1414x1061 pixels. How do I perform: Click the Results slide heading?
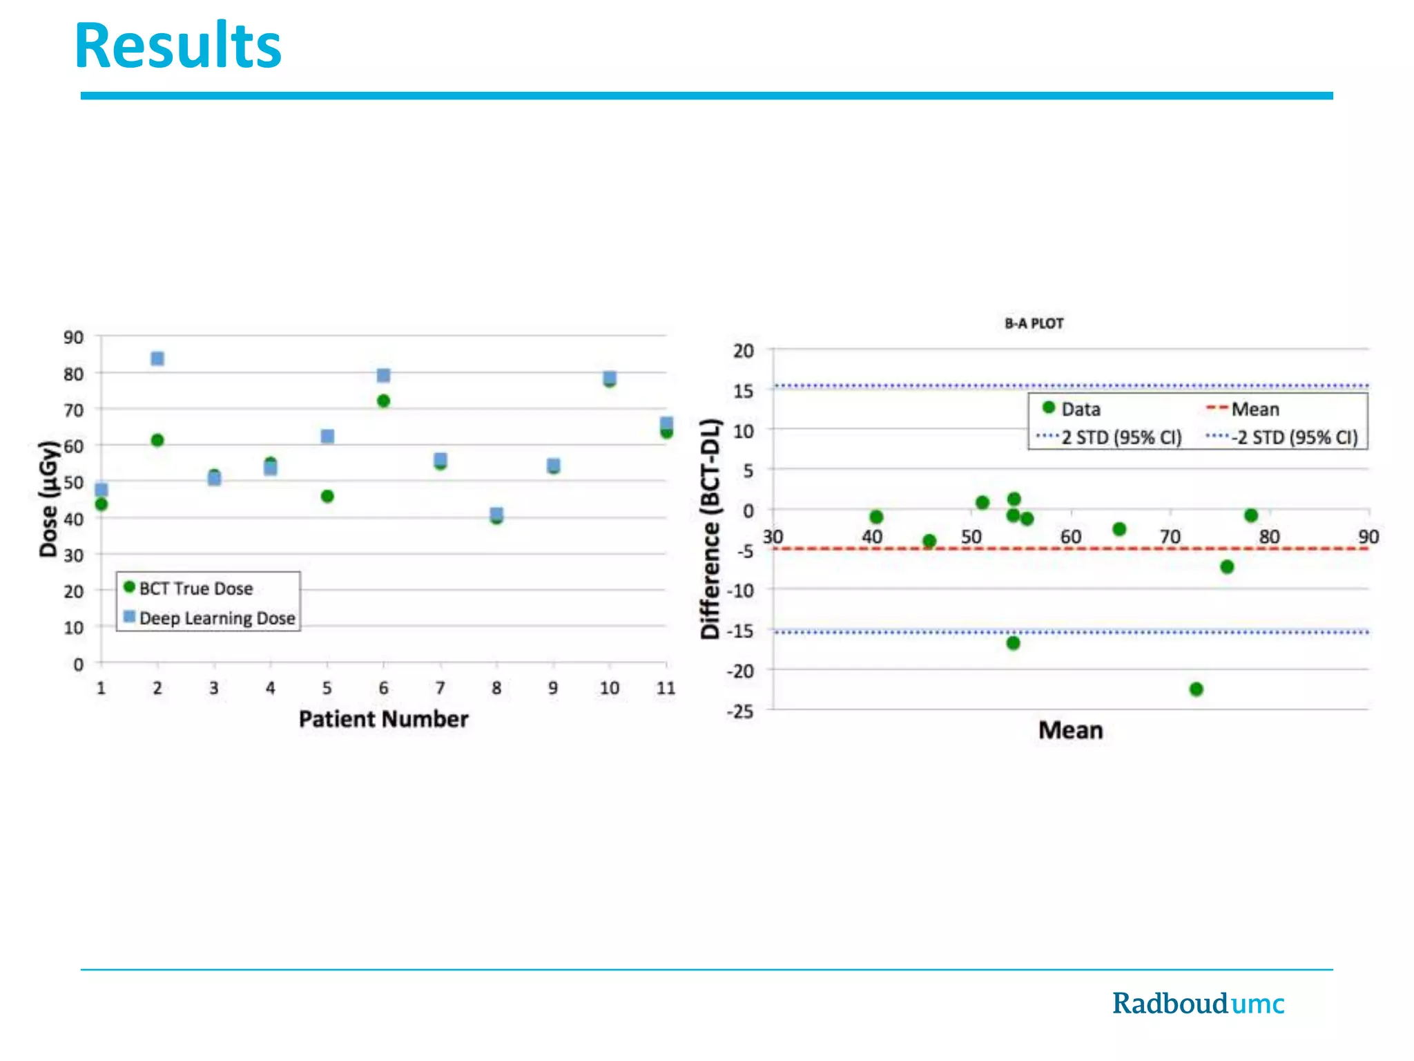click(177, 47)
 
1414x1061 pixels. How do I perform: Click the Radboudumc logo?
click(1198, 1003)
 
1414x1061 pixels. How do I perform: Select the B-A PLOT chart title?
click(1034, 323)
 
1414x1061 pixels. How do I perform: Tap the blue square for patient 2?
click(157, 359)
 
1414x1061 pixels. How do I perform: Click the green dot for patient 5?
click(327, 496)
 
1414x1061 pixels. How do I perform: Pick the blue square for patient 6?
click(383, 375)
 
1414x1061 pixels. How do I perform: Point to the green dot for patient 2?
click(157, 440)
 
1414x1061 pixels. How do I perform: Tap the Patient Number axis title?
click(383, 719)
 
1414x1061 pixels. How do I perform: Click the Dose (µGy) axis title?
click(48, 499)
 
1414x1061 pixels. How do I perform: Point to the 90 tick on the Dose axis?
click(73, 338)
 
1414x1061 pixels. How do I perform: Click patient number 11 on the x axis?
click(666, 688)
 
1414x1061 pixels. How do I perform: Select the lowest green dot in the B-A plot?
click(1197, 689)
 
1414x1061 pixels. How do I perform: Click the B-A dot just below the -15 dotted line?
click(1013, 643)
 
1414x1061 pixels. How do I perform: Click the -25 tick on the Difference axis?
click(740, 711)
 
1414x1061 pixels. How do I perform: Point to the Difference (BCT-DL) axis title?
click(710, 528)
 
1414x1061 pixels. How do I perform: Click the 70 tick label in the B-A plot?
click(1170, 537)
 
